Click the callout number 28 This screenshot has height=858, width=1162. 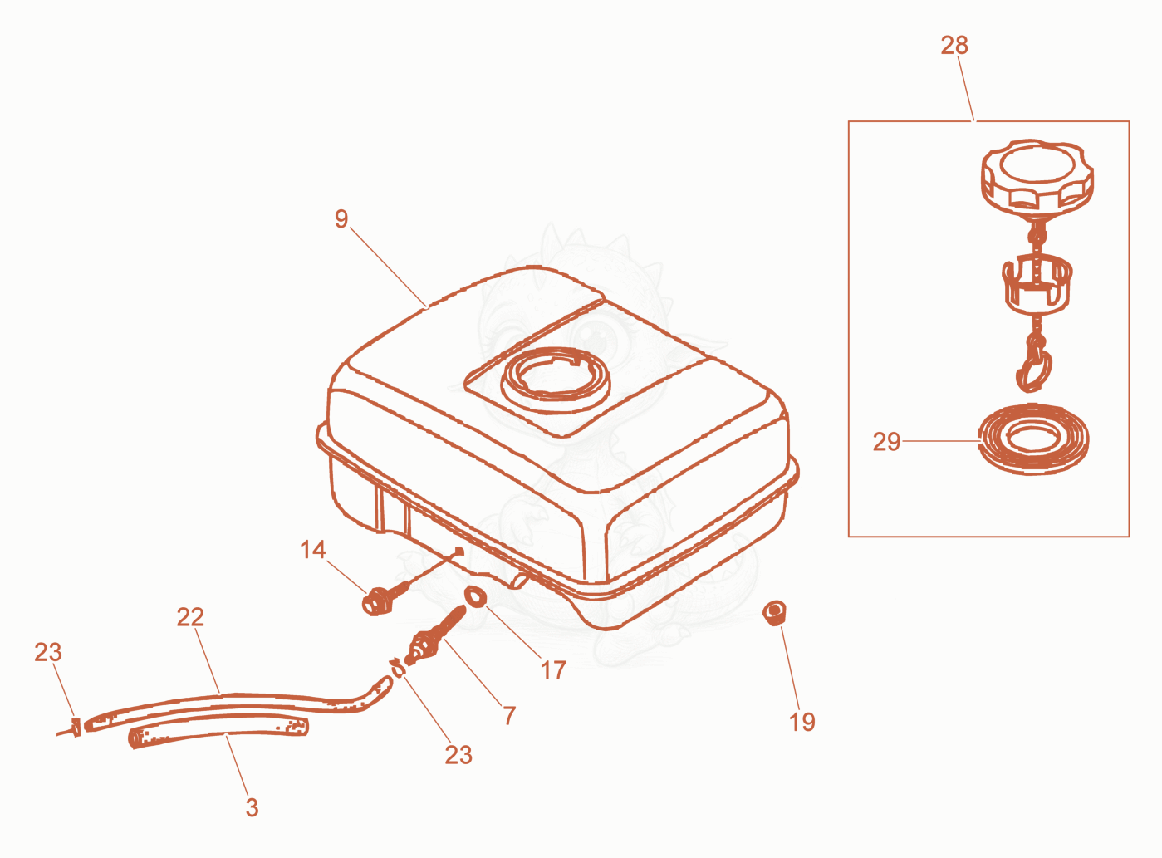tap(954, 46)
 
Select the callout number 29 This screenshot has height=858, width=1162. tap(886, 441)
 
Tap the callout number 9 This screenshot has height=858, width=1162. tap(341, 219)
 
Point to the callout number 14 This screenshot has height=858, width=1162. tap(313, 550)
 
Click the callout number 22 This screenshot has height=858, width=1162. tap(189, 617)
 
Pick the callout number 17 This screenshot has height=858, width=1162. tap(553, 670)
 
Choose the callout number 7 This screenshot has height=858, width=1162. tap(509, 715)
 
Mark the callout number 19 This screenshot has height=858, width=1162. tap(802, 723)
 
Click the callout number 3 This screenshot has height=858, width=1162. tap(252, 807)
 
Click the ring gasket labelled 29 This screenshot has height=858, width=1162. tap(1033, 439)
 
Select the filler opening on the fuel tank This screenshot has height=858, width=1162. tap(556, 380)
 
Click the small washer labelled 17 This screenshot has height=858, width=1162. tap(476, 597)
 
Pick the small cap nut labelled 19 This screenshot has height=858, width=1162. tap(774, 613)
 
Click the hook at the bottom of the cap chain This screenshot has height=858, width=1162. tap(1033, 370)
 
